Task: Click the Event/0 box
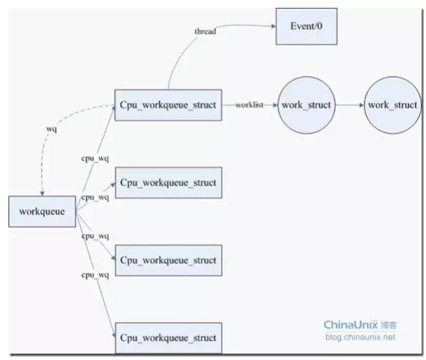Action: tap(307, 27)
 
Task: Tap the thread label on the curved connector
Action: tap(205, 32)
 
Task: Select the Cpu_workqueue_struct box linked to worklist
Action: tap(168, 105)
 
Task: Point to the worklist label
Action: tap(249, 105)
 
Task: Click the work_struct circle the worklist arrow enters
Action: tap(307, 105)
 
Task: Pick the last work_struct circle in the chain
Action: tap(393, 105)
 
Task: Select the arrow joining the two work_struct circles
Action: tap(349, 105)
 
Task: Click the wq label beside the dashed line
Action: tap(51, 129)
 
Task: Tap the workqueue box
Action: tap(42, 211)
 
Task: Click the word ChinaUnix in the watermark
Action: tap(351, 325)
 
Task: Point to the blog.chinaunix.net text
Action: tap(360, 337)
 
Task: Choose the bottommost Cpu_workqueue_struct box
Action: tap(168, 338)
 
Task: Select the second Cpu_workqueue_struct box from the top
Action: tap(168, 183)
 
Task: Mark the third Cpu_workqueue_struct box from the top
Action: tap(168, 260)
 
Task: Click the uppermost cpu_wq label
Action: tap(95, 159)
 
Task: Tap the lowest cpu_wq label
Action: tap(95, 275)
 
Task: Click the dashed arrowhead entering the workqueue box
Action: tap(42, 194)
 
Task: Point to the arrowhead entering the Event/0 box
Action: tap(273, 26)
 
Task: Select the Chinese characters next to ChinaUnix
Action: tap(389, 325)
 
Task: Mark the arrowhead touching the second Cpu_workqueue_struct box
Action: tap(113, 185)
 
